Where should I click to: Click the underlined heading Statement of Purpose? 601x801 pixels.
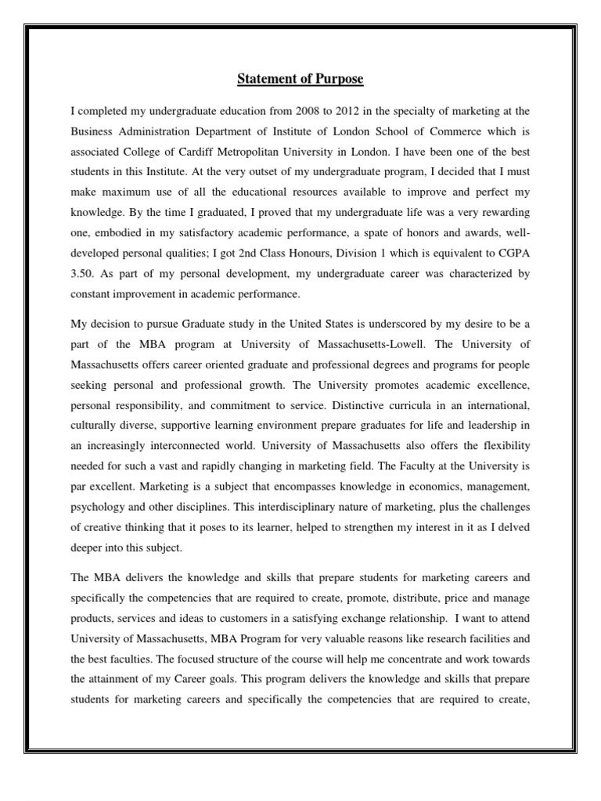300,80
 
